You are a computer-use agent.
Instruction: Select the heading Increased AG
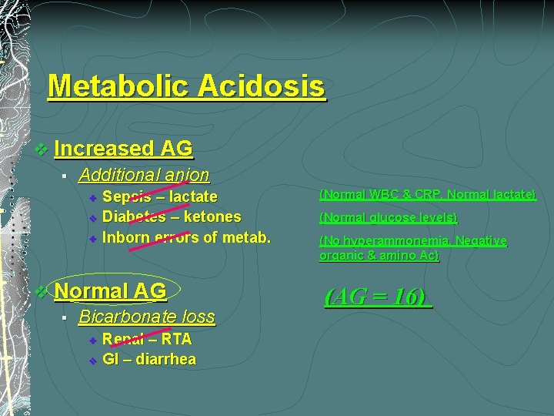123,147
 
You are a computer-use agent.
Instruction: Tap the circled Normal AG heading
111,291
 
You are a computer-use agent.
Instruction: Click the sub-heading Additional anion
143,175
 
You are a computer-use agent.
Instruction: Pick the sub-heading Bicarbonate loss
146,317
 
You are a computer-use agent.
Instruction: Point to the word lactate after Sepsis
193,196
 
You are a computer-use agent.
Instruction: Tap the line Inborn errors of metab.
186,237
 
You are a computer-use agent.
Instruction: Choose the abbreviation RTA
175,339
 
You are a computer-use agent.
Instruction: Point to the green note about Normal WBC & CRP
427,195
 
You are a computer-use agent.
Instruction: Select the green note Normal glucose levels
388,217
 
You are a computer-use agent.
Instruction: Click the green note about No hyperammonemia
412,248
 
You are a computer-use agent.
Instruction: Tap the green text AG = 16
378,297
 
